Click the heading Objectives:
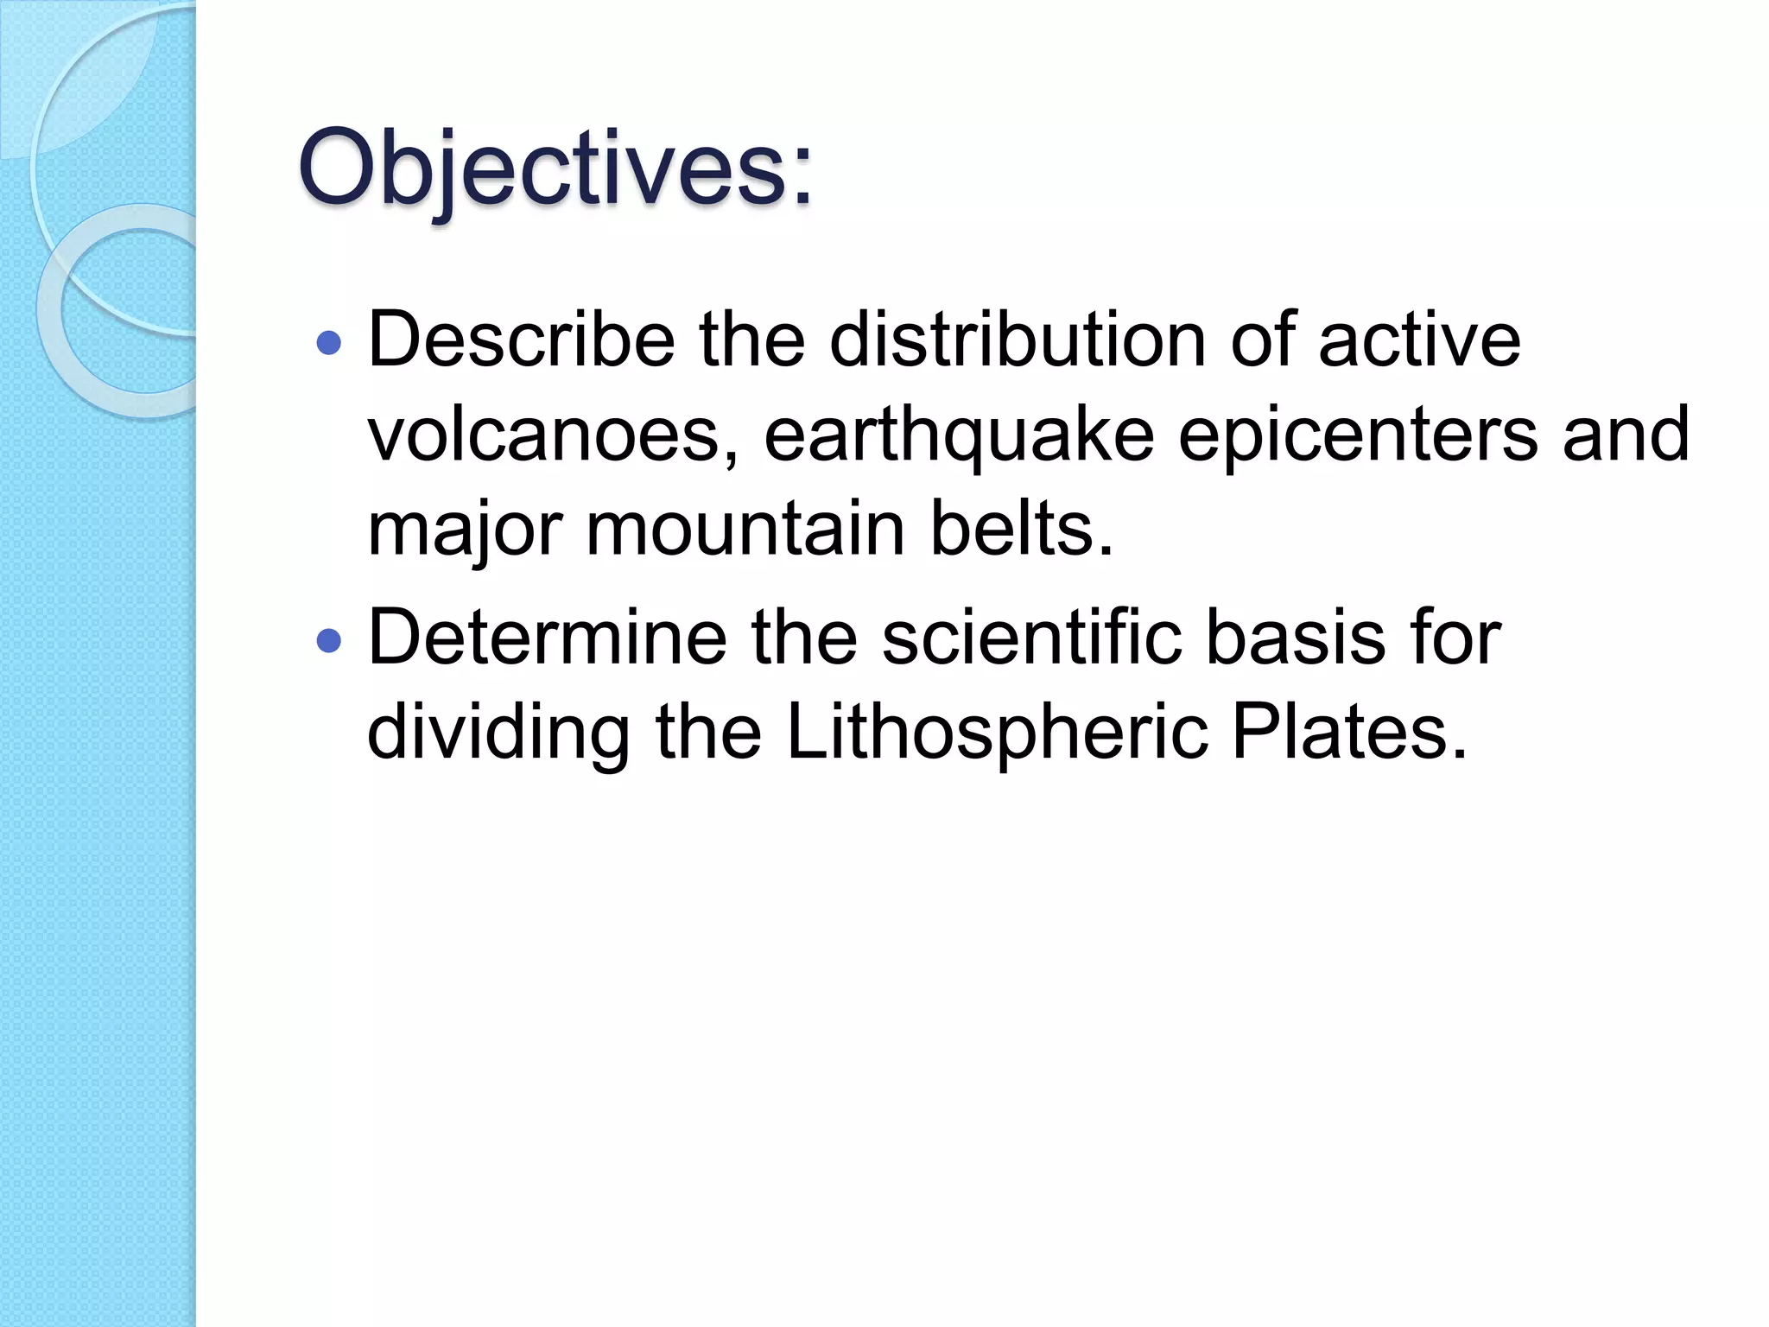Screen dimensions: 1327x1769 pyautogui.click(x=555, y=168)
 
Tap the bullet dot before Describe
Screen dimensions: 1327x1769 pyautogui.click(x=329, y=344)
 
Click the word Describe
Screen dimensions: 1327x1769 pyautogui.click(x=521, y=340)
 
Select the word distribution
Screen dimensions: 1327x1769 pyautogui.click(x=1017, y=340)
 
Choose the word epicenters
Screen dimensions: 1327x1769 pyautogui.click(x=1358, y=435)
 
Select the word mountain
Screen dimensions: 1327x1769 pyautogui.click(x=745, y=529)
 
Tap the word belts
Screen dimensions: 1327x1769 pyautogui.click(x=1021, y=529)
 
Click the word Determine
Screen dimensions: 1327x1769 pyautogui.click(x=547, y=638)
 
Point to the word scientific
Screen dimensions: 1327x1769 pyautogui.click(x=1031, y=638)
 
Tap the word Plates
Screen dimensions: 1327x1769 pyautogui.click(x=1348, y=733)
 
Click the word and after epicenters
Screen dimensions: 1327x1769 pyautogui.click(x=1626, y=435)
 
